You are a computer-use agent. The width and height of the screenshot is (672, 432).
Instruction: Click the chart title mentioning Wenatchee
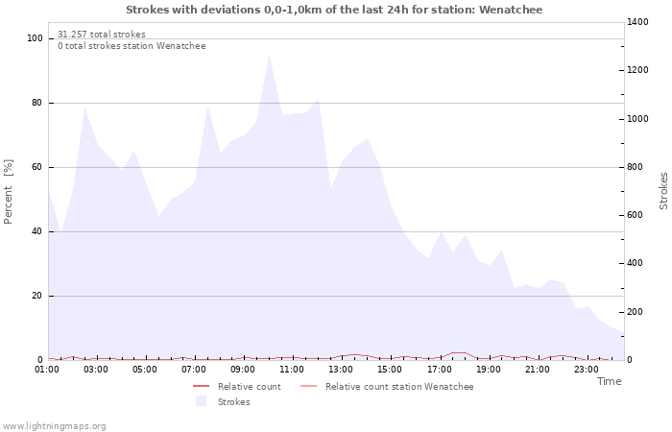coord(334,10)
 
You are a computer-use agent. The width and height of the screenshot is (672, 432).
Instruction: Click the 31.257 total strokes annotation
coord(102,35)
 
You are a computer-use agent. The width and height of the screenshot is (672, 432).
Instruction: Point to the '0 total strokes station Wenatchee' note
coord(132,46)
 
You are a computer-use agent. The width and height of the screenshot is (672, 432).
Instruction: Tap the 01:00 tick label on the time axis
coord(48,369)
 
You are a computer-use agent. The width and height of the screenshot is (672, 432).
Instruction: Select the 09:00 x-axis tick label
coord(244,369)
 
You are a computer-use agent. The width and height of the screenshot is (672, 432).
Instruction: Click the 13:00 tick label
coord(342,369)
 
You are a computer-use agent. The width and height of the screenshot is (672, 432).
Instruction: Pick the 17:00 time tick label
coord(440,369)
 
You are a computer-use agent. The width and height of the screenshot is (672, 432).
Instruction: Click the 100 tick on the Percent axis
coord(35,38)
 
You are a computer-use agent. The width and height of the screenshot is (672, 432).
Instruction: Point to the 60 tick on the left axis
coord(37,167)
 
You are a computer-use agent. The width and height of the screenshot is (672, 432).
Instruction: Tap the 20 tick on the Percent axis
coord(37,296)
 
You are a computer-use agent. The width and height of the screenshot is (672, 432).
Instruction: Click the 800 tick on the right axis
coord(637,167)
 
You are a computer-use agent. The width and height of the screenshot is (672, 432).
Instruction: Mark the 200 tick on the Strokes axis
coord(637,312)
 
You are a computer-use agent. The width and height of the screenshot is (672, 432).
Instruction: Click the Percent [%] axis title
coord(9,191)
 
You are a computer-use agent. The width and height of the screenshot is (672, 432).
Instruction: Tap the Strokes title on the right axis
coord(663,191)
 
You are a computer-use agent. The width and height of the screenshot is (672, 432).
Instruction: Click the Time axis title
coord(609,381)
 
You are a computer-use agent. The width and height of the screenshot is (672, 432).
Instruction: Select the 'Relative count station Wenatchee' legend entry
coord(398,387)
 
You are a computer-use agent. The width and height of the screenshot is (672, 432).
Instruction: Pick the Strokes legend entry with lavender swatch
coord(233,402)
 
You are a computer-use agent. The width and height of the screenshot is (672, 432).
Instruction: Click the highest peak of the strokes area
coord(269,56)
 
